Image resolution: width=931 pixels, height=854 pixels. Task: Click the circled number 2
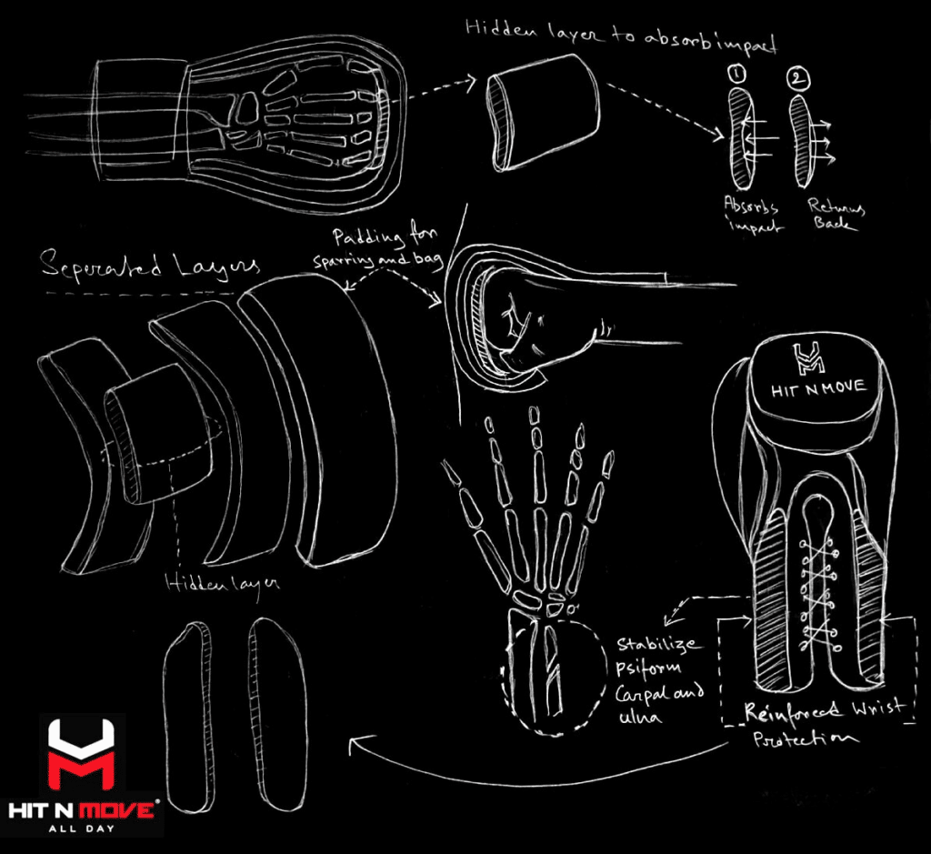798,79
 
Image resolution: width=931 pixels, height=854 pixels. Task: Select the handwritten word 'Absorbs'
750,206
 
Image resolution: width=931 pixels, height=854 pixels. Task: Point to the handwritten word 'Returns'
836,206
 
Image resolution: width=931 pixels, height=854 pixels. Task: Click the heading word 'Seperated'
101,266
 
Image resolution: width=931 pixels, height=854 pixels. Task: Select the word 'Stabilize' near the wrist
658,645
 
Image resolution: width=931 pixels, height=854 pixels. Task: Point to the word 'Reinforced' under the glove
793,710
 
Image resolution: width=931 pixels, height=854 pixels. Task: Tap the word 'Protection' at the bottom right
806,738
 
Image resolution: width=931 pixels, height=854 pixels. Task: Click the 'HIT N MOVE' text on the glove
818,389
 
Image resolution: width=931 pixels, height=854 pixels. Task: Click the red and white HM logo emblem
81,755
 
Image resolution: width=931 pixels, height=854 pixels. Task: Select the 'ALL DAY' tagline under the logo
81,829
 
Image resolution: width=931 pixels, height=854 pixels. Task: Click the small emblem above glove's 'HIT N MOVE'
808,358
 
